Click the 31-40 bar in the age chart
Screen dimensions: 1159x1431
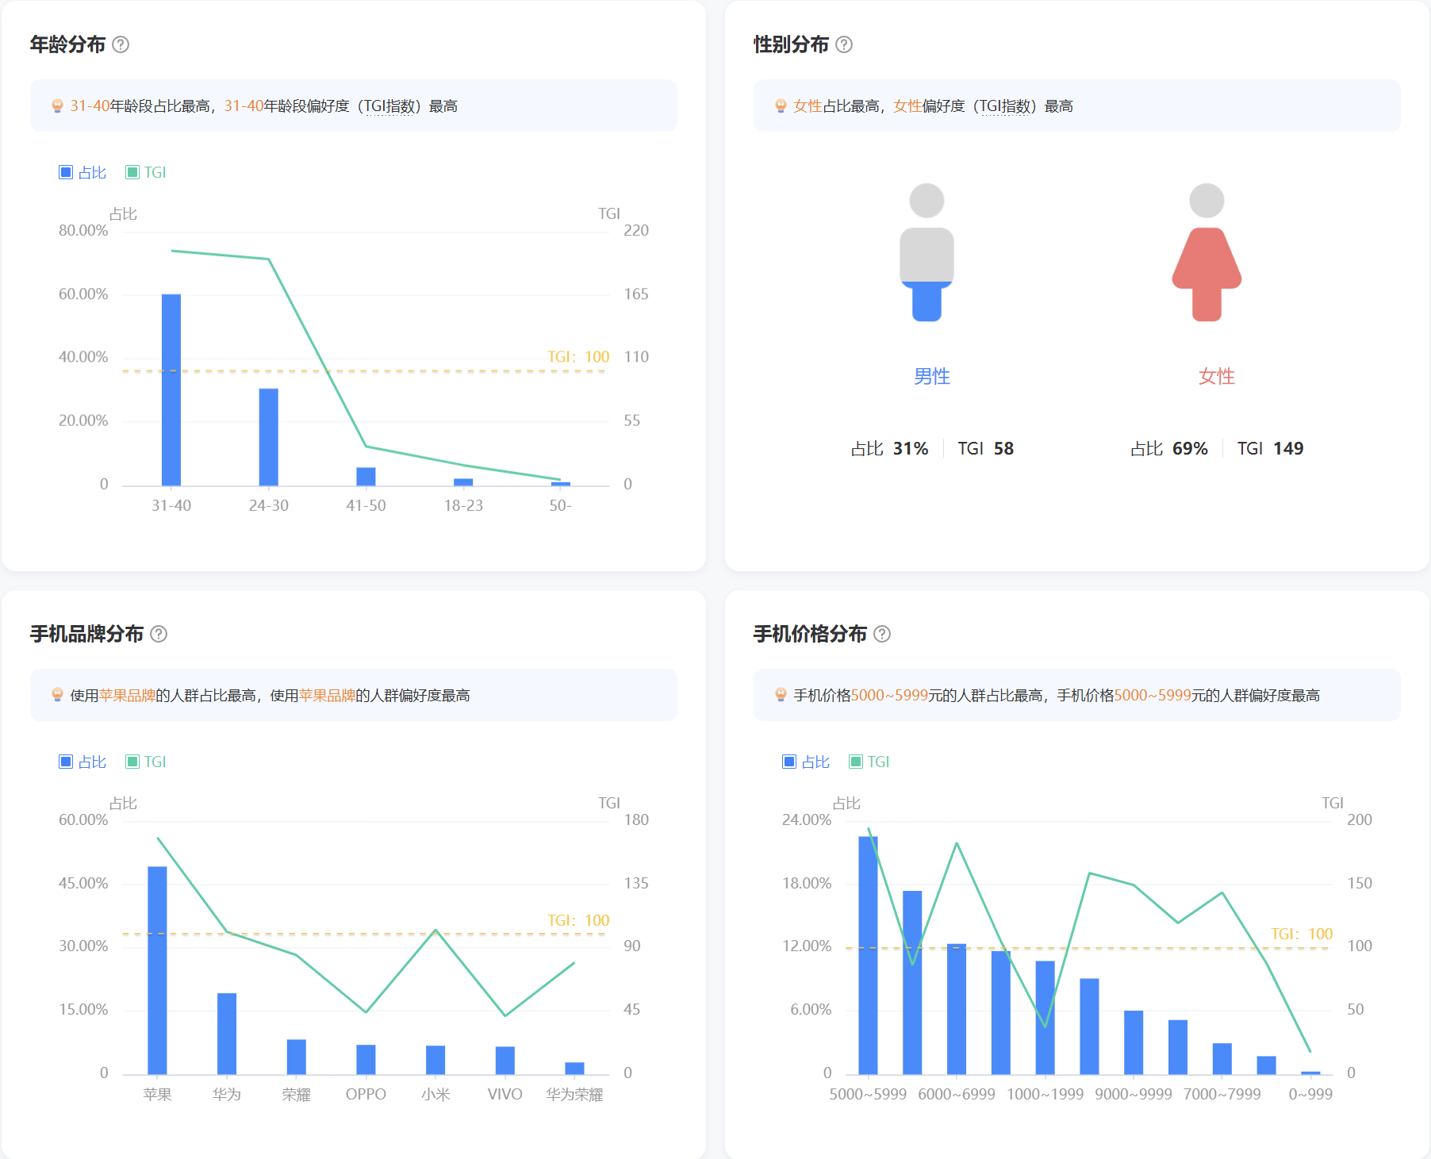pos(171,389)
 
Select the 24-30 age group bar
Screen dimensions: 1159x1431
pos(268,436)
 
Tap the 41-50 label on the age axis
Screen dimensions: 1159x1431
pos(366,505)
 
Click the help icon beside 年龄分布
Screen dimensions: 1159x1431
pos(121,44)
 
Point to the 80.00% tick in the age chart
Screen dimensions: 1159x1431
pos(83,231)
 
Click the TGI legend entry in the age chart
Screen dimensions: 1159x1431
pos(146,172)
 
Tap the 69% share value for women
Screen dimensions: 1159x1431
pos(1190,449)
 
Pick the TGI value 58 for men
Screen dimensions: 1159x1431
pos(1003,449)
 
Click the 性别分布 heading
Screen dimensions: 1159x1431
pos(791,44)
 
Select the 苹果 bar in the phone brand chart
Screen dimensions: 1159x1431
pos(157,969)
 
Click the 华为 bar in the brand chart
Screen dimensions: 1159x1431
pos(227,1033)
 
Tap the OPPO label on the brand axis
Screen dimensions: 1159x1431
pos(366,1095)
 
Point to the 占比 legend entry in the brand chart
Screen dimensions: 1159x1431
pos(82,762)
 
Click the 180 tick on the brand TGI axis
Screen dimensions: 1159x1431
pos(636,820)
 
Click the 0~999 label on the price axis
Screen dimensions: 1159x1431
pos(1310,1095)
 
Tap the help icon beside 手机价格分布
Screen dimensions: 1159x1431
pos(882,634)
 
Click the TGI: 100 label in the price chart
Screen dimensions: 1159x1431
pos(1302,934)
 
